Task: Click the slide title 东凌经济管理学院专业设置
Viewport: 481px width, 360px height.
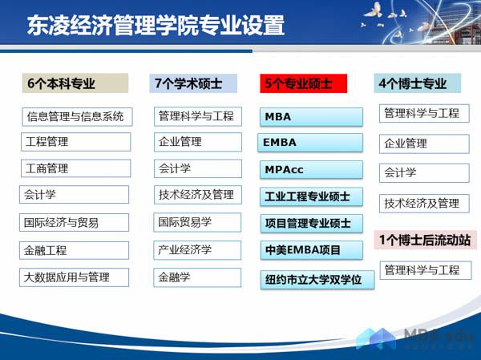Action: point(156,26)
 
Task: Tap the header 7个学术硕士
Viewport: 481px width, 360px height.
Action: point(192,83)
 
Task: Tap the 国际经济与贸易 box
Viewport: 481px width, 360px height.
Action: point(75,222)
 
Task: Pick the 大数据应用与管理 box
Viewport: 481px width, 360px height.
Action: point(75,277)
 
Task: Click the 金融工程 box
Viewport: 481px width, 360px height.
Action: point(75,250)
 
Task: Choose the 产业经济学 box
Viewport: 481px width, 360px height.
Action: point(197,249)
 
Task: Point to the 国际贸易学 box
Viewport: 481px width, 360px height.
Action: point(197,222)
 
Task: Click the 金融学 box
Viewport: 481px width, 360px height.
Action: point(197,277)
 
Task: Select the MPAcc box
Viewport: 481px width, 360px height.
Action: point(311,170)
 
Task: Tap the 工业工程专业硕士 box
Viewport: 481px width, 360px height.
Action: point(311,196)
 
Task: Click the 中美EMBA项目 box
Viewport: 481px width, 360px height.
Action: point(311,250)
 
